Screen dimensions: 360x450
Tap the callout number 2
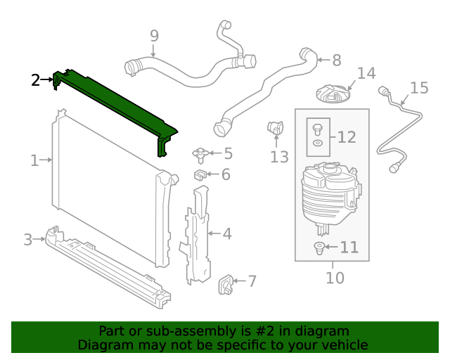tap(36, 80)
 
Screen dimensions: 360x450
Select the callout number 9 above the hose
tap(154, 36)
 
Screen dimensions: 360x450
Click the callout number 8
tap(336, 60)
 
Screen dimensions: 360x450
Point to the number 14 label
tap(366, 73)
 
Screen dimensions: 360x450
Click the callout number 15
tap(419, 88)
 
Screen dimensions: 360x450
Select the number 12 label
tap(347, 137)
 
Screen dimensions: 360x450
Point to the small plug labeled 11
tap(319, 247)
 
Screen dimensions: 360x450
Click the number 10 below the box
tap(335, 278)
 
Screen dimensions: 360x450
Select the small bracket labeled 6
tap(200, 174)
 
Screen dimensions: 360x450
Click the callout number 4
tap(227, 233)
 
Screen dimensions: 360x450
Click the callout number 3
tap(27, 240)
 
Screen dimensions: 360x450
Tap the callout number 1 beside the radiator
tap(34, 160)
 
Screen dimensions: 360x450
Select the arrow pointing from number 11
tap(330, 247)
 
